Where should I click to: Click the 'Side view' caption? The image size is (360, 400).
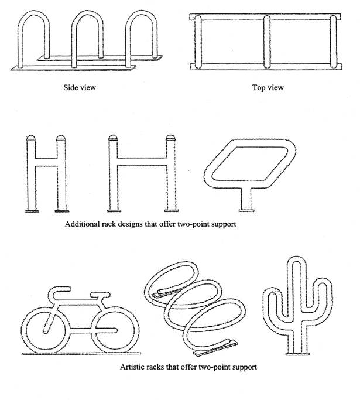tap(80, 88)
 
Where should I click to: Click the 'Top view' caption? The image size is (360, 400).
tap(268, 88)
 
